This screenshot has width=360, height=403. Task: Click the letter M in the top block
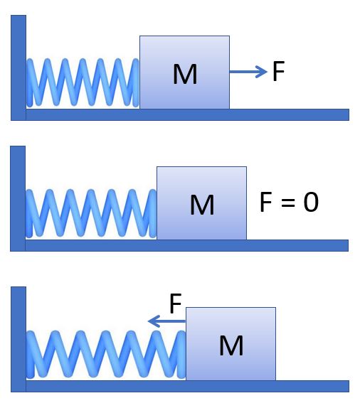pos(185,74)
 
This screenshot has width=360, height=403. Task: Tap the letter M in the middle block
pos(202,205)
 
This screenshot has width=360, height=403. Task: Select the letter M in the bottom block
pos(231,345)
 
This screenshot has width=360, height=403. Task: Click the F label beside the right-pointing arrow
pos(278,71)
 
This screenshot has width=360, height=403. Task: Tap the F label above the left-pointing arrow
pos(176,303)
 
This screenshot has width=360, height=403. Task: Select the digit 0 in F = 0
pos(311,203)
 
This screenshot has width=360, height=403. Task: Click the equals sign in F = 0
pos(288,203)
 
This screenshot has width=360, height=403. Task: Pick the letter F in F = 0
pos(266,202)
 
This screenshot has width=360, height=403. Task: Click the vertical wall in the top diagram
pos(18,68)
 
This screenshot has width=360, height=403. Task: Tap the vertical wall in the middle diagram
pos(18,198)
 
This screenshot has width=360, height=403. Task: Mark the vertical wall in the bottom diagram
pos(18,339)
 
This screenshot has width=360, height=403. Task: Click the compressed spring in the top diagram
pos(83,82)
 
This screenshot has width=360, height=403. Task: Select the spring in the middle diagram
pos(91,213)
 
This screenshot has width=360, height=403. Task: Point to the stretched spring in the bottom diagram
pos(106,354)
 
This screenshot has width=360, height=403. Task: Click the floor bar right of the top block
pos(290,114)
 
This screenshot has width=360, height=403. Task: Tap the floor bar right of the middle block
pos(297,245)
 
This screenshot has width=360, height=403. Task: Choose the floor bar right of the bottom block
pos(312,386)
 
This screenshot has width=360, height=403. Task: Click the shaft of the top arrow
pos(245,72)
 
